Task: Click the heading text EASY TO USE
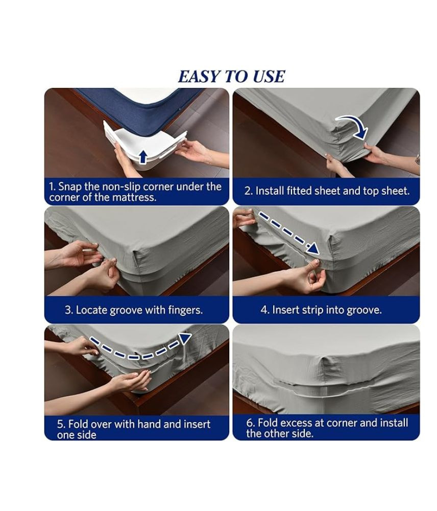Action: click(232, 77)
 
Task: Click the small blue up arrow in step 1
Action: click(142, 156)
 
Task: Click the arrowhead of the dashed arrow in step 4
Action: click(313, 249)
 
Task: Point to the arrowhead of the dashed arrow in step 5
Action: click(185, 338)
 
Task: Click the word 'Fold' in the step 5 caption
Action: click(78, 424)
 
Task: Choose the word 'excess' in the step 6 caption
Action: click(296, 423)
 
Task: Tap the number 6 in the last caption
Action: click(250, 423)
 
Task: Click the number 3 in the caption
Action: click(68, 310)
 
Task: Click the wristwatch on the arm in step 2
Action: click(417, 159)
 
